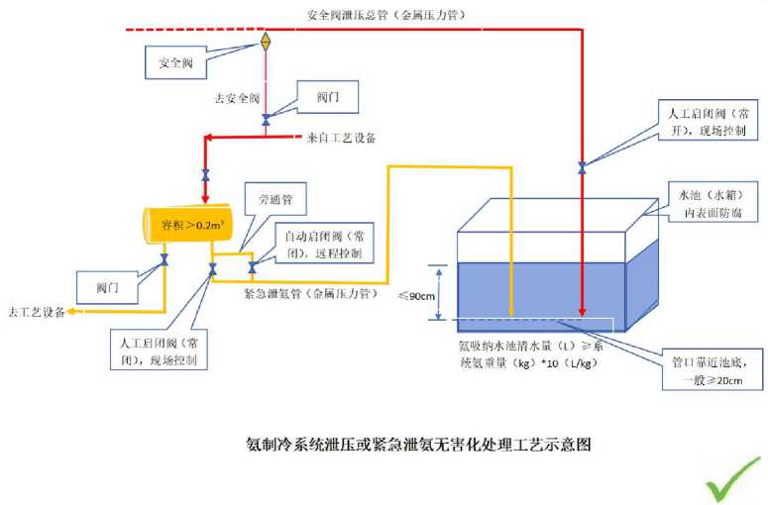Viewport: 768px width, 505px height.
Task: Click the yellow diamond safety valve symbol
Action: tap(266, 42)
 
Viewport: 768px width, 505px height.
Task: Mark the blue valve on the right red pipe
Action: tap(582, 166)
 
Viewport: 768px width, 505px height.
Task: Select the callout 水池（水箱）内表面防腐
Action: tap(706, 203)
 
